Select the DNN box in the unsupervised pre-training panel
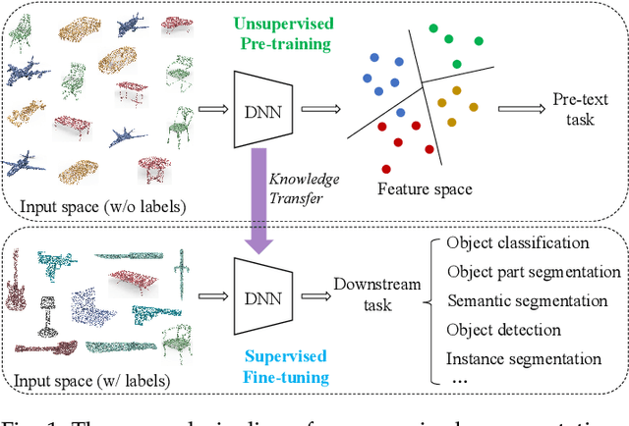[x=257, y=110]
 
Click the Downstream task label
[x=376, y=294]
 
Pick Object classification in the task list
[x=517, y=242]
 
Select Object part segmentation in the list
[x=533, y=272]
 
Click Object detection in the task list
[x=503, y=330]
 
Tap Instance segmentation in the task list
[x=523, y=358]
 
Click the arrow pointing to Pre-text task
[x=518, y=110]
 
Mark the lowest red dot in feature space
[x=386, y=169]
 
